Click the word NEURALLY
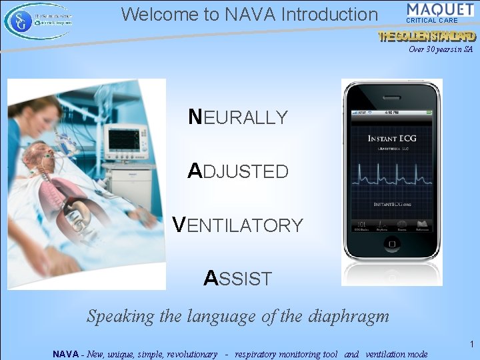pyautogui.click(x=238, y=117)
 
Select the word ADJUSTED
pyautogui.click(x=238, y=171)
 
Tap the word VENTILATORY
pyautogui.click(x=237, y=225)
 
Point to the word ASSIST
pyautogui.click(x=238, y=278)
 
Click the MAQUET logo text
pyautogui.click(x=440, y=10)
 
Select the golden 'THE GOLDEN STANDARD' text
pyautogui.click(x=427, y=37)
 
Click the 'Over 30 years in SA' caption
pyautogui.click(x=441, y=49)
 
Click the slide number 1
pyautogui.click(x=471, y=345)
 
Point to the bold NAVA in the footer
pyautogui.click(x=67, y=354)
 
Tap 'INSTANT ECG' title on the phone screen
pyautogui.click(x=392, y=139)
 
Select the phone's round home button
pyautogui.click(x=392, y=272)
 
